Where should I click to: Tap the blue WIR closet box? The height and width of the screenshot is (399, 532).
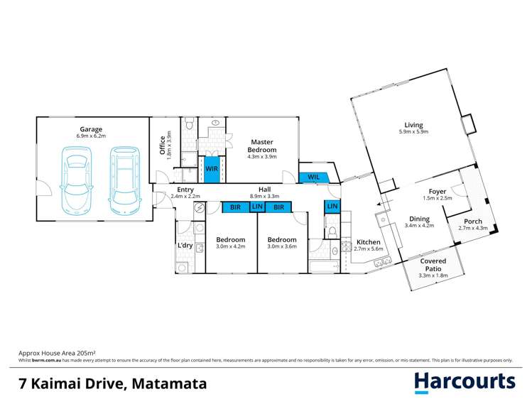212,169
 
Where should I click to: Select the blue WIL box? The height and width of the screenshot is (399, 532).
313,177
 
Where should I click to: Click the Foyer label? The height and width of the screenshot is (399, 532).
438,192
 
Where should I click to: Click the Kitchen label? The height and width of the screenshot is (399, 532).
368,242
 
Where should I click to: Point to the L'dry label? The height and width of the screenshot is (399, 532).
185,246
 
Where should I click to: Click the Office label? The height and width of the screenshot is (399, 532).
163,146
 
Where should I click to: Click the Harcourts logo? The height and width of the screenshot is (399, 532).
465,382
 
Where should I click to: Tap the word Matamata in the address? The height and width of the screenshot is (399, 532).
169,384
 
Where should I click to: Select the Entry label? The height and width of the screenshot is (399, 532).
185,190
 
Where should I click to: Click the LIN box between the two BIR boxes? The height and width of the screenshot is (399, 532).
256,207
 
